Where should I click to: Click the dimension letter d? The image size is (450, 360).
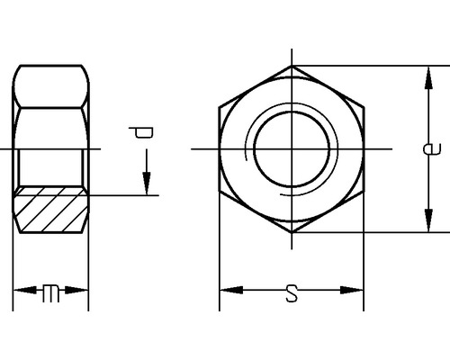[144, 135]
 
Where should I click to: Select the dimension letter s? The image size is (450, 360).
[291, 292]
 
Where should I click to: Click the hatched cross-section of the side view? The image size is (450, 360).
[51, 214]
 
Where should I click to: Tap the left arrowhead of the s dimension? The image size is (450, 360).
[228, 291]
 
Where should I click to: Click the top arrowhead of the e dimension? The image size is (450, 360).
[423, 73]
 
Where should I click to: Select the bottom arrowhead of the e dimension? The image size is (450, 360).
[423, 224]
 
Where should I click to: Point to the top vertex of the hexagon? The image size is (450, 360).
[292, 66]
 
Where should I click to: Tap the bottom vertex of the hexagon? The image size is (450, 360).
[292, 231]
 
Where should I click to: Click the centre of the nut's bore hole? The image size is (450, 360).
[292, 148]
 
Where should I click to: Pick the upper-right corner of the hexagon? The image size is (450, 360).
[364, 106]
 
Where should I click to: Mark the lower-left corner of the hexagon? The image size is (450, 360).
[220, 191]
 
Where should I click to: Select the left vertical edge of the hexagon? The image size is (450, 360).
[220, 148]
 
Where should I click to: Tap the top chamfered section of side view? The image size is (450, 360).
[51, 85]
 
